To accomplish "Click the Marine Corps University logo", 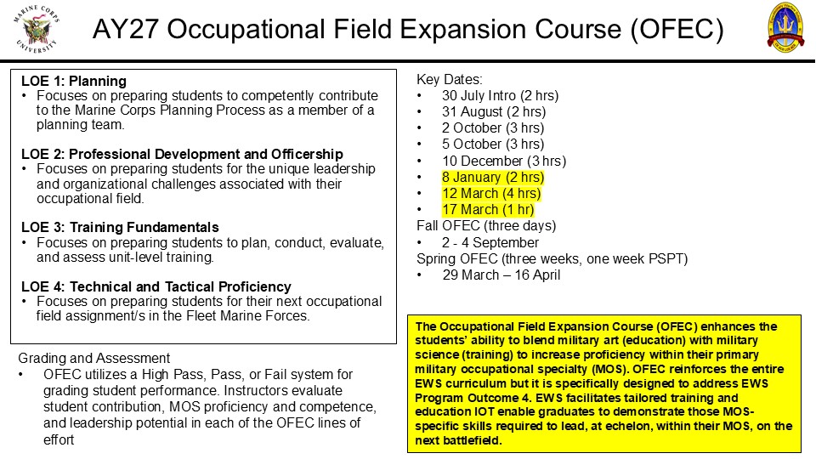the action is pyautogui.click(x=37, y=29).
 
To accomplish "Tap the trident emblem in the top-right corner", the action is pyautogui.click(x=785, y=27).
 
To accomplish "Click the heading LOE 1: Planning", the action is pyautogui.click(x=74, y=82).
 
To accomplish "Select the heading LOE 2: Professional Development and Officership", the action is pyautogui.click(x=182, y=154).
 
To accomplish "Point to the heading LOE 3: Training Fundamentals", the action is pyautogui.click(x=120, y=228).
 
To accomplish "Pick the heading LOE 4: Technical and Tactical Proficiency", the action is pyautogui.click(x=156, y=286).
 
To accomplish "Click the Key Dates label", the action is pyautogui.click(x=449, y=80).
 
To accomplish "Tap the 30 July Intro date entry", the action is pyautogui.click(x=500, y=96).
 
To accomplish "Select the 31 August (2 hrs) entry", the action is pyautogui.click(x=494, y=112).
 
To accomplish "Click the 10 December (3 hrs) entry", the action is pyautogui.click(x=504, y=161).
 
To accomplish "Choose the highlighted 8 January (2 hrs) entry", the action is pyautogui.click(x=493, y=177).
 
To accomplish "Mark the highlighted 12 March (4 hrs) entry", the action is pyautogui.click(x=491, y=194).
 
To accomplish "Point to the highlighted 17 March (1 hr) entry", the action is pyautogui.click(x=488, y=210).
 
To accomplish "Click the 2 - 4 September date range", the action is pyautogui.click(x=490, y=242).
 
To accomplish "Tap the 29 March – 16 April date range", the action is pyautogui.click(x=501, y=275).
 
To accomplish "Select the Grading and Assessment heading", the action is pyautogui.click(x=94, y=358).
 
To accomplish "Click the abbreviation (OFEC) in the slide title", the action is pyautogui.click(x=677, y=29).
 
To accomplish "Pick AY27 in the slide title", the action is pyautogui.click(x=126, y=29).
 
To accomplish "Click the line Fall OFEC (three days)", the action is pyautogui.click(x=486, y=226).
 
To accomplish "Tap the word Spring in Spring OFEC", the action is pyautogui.click(x=437, y=259).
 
